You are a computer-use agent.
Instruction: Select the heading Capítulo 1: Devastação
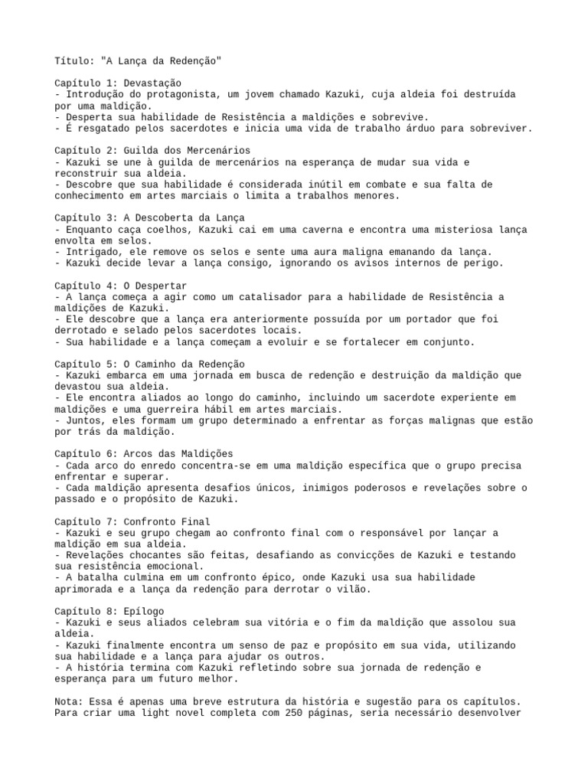tap(119, 83)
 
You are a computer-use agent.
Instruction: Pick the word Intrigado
tap(93, 251)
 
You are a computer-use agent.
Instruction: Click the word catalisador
tap(260, 296)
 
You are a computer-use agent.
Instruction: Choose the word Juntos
tap(83, 420)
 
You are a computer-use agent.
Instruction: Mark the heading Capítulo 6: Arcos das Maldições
tap(144, 454)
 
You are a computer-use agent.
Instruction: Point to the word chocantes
tap(159, 555)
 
